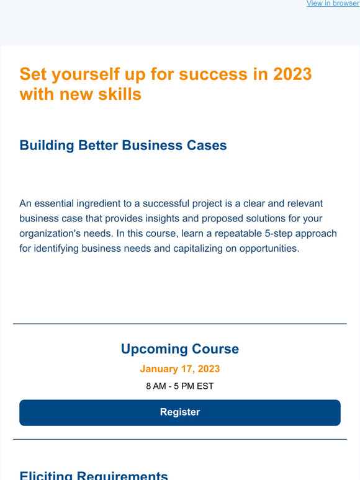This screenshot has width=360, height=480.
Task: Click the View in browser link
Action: pyautogui.click(x=332, y=4)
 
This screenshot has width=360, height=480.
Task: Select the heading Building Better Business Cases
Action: pyautogui.click(x=123, y=146)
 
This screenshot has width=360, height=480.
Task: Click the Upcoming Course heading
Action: pyautogui.click(x=180, y=349)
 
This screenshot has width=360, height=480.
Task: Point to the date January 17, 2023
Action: pyautogui.click(x=180, y=369)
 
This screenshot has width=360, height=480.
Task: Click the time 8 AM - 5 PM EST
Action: pyautogui.click(x=180, y=386)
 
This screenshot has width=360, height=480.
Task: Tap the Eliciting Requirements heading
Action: pyautogui.click(x=94, y=476)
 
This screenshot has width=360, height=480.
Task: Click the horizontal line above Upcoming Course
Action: pyautogui.click(x=180, y=324)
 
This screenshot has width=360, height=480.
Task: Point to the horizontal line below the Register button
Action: pyautogui.click(x=180, y=440)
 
